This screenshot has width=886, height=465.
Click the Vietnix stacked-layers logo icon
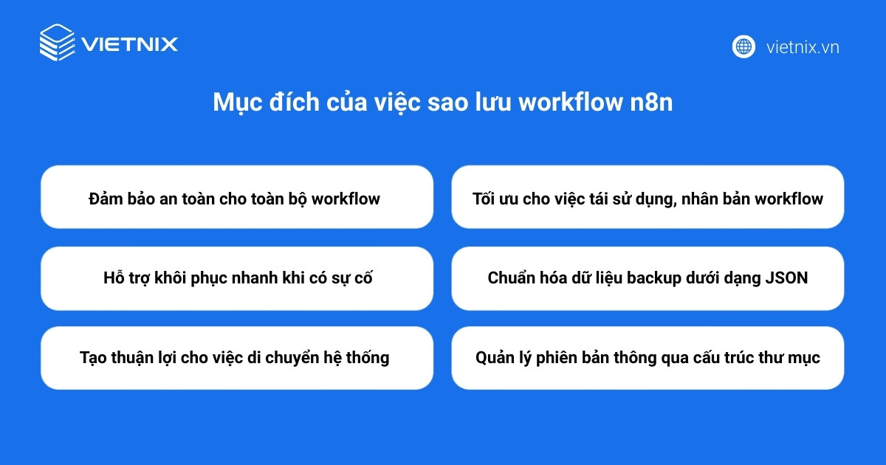(57, 43)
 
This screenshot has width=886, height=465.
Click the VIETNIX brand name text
(130, 44)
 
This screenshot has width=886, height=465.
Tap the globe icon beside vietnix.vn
(744, 46)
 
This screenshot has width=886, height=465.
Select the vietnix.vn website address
(803, 47)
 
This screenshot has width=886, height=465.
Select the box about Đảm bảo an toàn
(236, 197)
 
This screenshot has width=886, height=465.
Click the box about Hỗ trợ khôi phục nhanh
(236, 278)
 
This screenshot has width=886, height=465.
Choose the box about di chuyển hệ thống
(236, 358)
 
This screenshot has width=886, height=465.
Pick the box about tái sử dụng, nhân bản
(648, 197)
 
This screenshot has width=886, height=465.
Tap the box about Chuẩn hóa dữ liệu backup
(648, 278)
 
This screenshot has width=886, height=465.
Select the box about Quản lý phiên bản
(648, 358)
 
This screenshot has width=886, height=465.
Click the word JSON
(787, 278)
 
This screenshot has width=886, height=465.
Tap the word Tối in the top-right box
(484, 199)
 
